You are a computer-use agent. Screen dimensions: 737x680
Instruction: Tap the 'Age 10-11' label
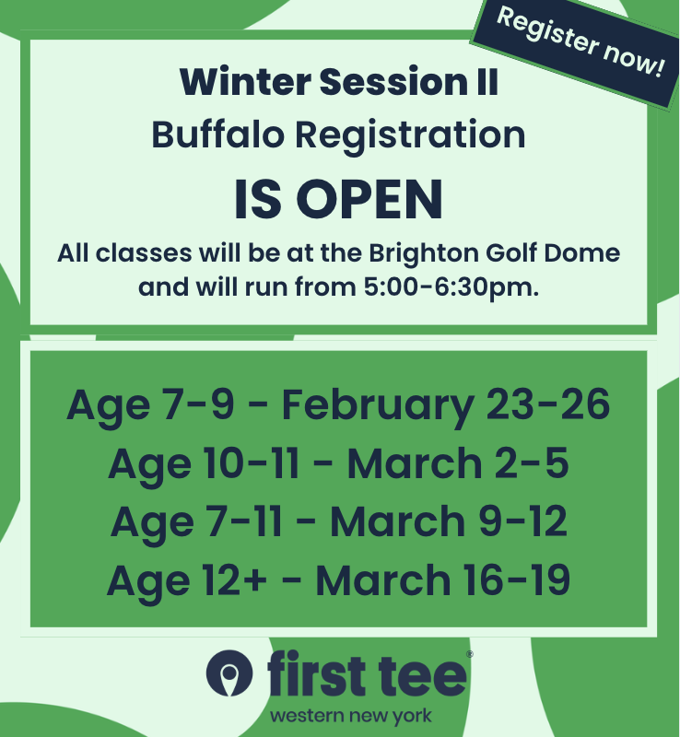point(204,463)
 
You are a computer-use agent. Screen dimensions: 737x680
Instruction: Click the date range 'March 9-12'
point(449,522)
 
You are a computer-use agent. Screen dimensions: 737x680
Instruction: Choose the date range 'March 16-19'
point(442,580)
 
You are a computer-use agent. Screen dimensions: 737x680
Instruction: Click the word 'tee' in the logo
point(429,677)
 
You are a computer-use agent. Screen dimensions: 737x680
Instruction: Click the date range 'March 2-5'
point(458,463)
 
